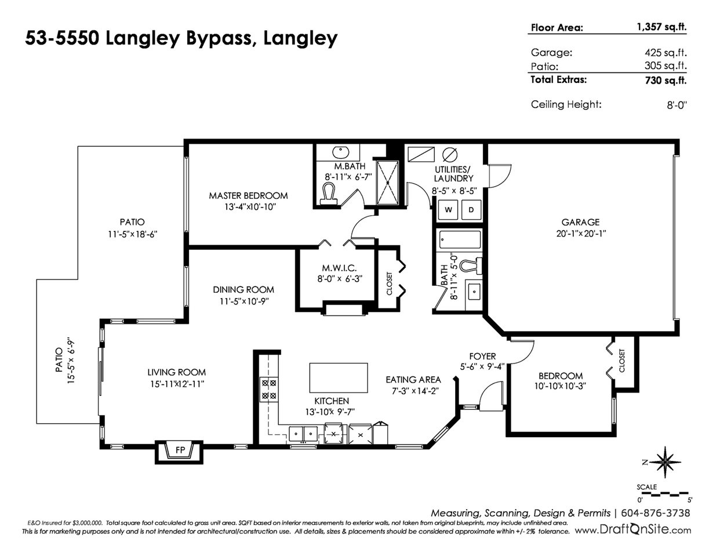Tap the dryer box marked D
pos(471,210)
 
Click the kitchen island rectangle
pos(339,378)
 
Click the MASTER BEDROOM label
pos(248,195)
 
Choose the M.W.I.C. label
pos(335,268)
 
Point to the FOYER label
pos(482,356)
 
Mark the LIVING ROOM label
pos(176,372)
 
